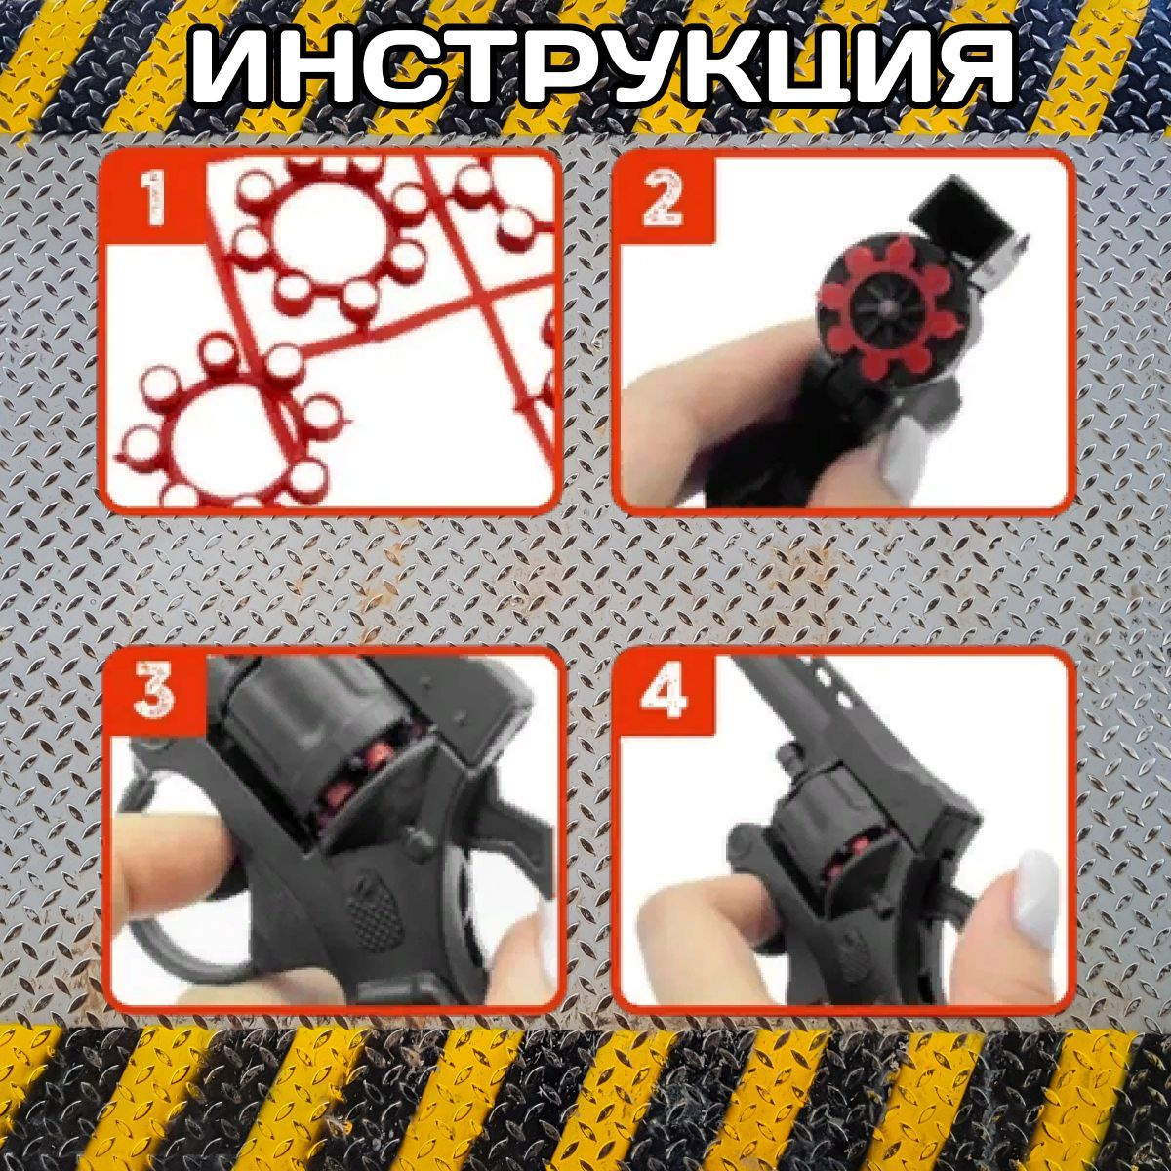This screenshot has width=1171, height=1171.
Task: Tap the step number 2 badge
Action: [x=665, y=199]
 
